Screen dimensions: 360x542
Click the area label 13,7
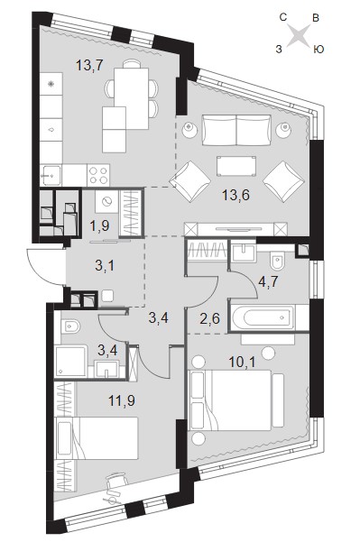[x=89, y=65]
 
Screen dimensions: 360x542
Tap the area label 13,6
[x=235, y=196]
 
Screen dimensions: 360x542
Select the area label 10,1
[x=242, y=363]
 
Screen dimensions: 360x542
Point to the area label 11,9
[x=122, y=400]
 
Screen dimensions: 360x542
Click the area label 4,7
[x=268, y=282]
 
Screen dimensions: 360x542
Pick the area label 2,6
[x=209, y=318]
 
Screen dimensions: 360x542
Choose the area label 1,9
[x=99, y=225]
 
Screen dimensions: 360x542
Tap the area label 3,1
[x=105, y=266]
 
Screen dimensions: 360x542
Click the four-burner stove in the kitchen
[x=98, y=175]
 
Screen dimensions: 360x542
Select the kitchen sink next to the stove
[x=51, y=175]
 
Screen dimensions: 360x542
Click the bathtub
[x=263, y=317]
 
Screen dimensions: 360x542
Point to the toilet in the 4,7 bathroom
[x=277, y=260]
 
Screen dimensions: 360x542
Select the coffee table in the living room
[x=236, y=166]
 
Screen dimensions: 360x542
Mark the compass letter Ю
[x=318, y=50]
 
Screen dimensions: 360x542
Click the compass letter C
[x=283, y=17]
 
